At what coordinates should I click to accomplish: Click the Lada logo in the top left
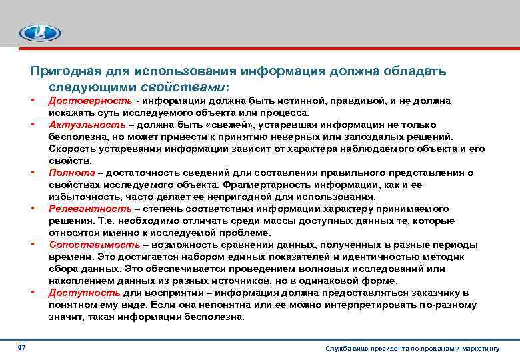pos(39,32)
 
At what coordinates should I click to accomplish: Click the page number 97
pos(21,348)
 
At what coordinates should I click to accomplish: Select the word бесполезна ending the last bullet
pos(216,317)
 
